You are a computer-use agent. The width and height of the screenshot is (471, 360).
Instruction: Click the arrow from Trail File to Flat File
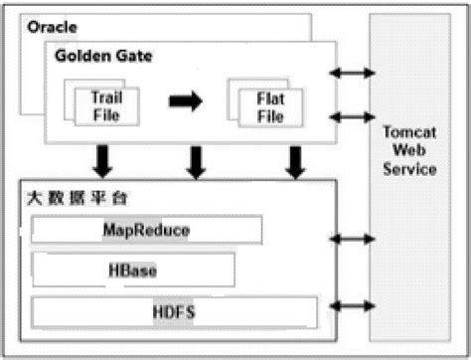click(186, 101)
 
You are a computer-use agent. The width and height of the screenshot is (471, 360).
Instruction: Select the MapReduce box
click(147, 231)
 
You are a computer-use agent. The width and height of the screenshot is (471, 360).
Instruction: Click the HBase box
click(133, 269)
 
